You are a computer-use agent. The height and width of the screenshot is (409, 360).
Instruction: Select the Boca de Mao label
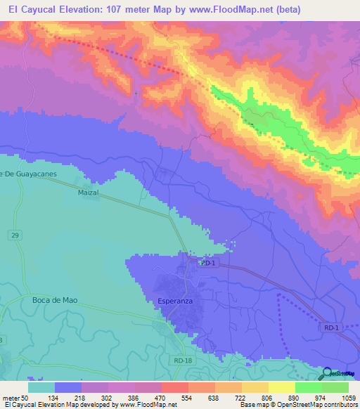(54, 300)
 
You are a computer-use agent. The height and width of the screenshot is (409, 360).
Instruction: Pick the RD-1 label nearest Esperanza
(207, 263)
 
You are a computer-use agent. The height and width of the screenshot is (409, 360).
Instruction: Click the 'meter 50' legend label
(18, 398)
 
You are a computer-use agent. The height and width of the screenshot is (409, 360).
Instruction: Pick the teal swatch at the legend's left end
(41, 387)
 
